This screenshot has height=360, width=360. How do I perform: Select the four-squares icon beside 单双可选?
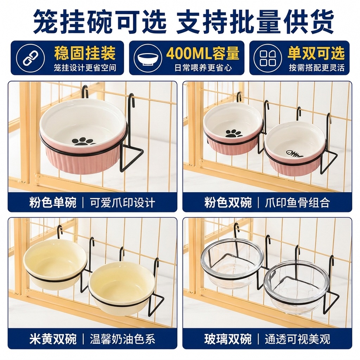268,58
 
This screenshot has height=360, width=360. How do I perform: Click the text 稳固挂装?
85,53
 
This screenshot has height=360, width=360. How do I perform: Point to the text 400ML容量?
203,53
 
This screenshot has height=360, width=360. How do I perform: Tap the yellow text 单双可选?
316,53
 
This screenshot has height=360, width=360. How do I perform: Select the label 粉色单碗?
53,203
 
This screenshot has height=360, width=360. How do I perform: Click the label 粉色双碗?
228,203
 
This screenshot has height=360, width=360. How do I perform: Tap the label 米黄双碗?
53,339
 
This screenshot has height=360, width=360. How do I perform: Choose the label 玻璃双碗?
228,339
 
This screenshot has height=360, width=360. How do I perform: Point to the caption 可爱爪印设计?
122,203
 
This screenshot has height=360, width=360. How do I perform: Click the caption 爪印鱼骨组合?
297,203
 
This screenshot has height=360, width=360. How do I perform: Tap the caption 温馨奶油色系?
122,339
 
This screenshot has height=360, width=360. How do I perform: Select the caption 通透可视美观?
297,339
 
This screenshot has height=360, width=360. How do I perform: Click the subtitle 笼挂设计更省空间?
85,68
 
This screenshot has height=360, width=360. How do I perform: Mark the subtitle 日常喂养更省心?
203,68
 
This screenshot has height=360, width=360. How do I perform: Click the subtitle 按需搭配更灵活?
317,68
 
